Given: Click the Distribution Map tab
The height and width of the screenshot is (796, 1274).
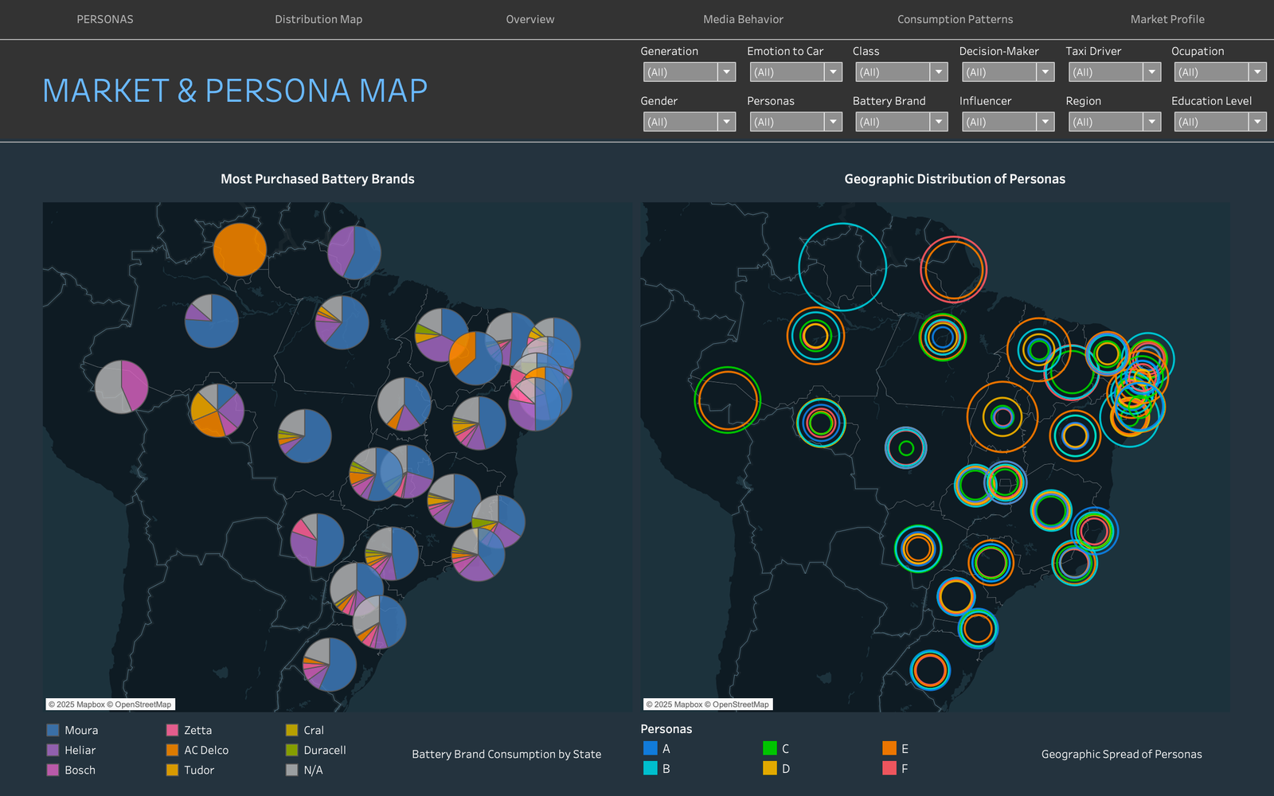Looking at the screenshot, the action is pos(318,19).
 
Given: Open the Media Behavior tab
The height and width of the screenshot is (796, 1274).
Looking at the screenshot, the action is pos(743,19).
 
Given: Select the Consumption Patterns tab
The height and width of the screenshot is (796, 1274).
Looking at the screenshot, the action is pos(955,19).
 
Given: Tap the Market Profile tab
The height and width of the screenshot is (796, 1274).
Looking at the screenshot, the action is pos(1167,19).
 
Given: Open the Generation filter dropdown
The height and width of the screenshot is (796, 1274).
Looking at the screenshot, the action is pos(690,72).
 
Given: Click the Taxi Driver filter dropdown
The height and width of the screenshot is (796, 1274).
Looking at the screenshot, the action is pos(1114,72).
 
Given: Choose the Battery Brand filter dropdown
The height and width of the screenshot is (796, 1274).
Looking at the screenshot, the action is pos(901,122).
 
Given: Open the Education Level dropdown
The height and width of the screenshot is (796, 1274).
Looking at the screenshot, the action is pos(1220,122).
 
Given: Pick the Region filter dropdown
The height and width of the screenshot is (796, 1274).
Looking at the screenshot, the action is pos(1114,122).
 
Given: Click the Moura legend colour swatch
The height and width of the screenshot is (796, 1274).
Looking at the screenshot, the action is pos(53,730).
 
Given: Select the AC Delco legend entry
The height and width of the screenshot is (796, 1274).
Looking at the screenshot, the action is pos(197,750).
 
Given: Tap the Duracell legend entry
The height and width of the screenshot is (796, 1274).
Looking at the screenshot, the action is pos(315,750).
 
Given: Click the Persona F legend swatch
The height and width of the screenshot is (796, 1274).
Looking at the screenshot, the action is pos(889,769).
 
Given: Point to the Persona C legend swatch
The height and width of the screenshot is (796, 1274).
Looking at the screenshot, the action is pos(769,748).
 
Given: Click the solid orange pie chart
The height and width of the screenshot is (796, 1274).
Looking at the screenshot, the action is pos(240,250).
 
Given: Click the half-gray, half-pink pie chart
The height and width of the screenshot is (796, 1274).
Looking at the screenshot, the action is pos(121,387).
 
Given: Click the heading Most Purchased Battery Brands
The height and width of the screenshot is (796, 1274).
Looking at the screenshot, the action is pos(318,179).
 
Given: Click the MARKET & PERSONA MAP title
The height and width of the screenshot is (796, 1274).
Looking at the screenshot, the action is pos(235,91).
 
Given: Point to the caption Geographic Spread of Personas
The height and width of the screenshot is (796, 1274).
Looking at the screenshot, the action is pos(1122,754).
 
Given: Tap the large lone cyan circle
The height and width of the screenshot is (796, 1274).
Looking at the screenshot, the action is pos(799,267).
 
